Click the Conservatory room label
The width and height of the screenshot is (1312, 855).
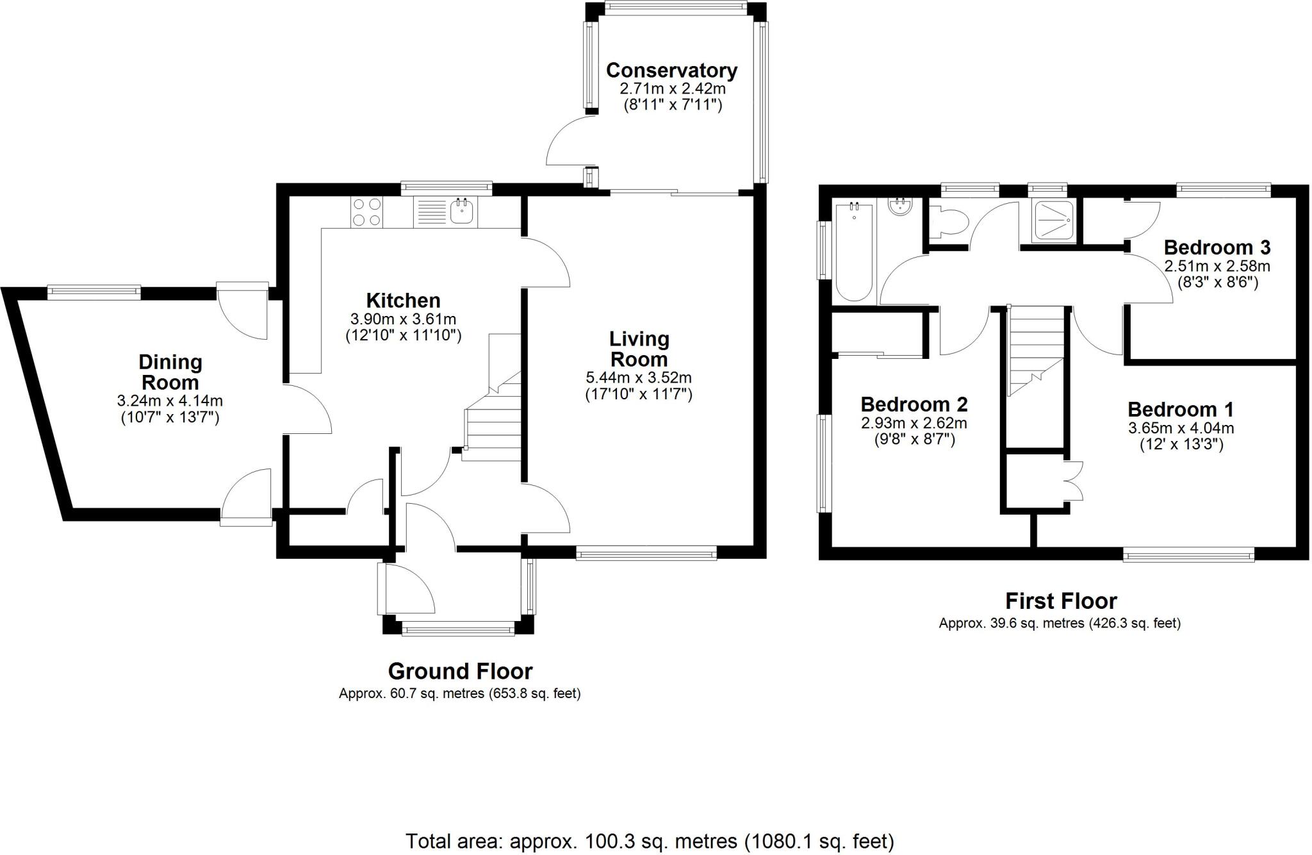(x=671, y=71)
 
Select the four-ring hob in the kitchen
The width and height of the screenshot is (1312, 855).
(x=366, y=212)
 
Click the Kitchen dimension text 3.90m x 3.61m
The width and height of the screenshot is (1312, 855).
(x=403, y=319)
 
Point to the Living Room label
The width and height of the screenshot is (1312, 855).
(x=638, y=349)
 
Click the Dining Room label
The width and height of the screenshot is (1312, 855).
(x=170, y=372)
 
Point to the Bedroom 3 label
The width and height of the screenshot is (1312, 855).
(x=1217, y=247)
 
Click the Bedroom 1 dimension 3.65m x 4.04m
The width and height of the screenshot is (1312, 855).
(x=1181, y=428)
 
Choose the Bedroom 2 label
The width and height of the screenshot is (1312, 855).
(x=914, y=404)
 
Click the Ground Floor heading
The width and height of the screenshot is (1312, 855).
(x=460, y=671)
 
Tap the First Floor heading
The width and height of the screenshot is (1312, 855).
(x=1060, y=601)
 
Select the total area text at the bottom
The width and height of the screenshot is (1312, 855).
(x=650, y=841)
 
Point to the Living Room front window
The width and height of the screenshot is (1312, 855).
(x=646, y=553)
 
